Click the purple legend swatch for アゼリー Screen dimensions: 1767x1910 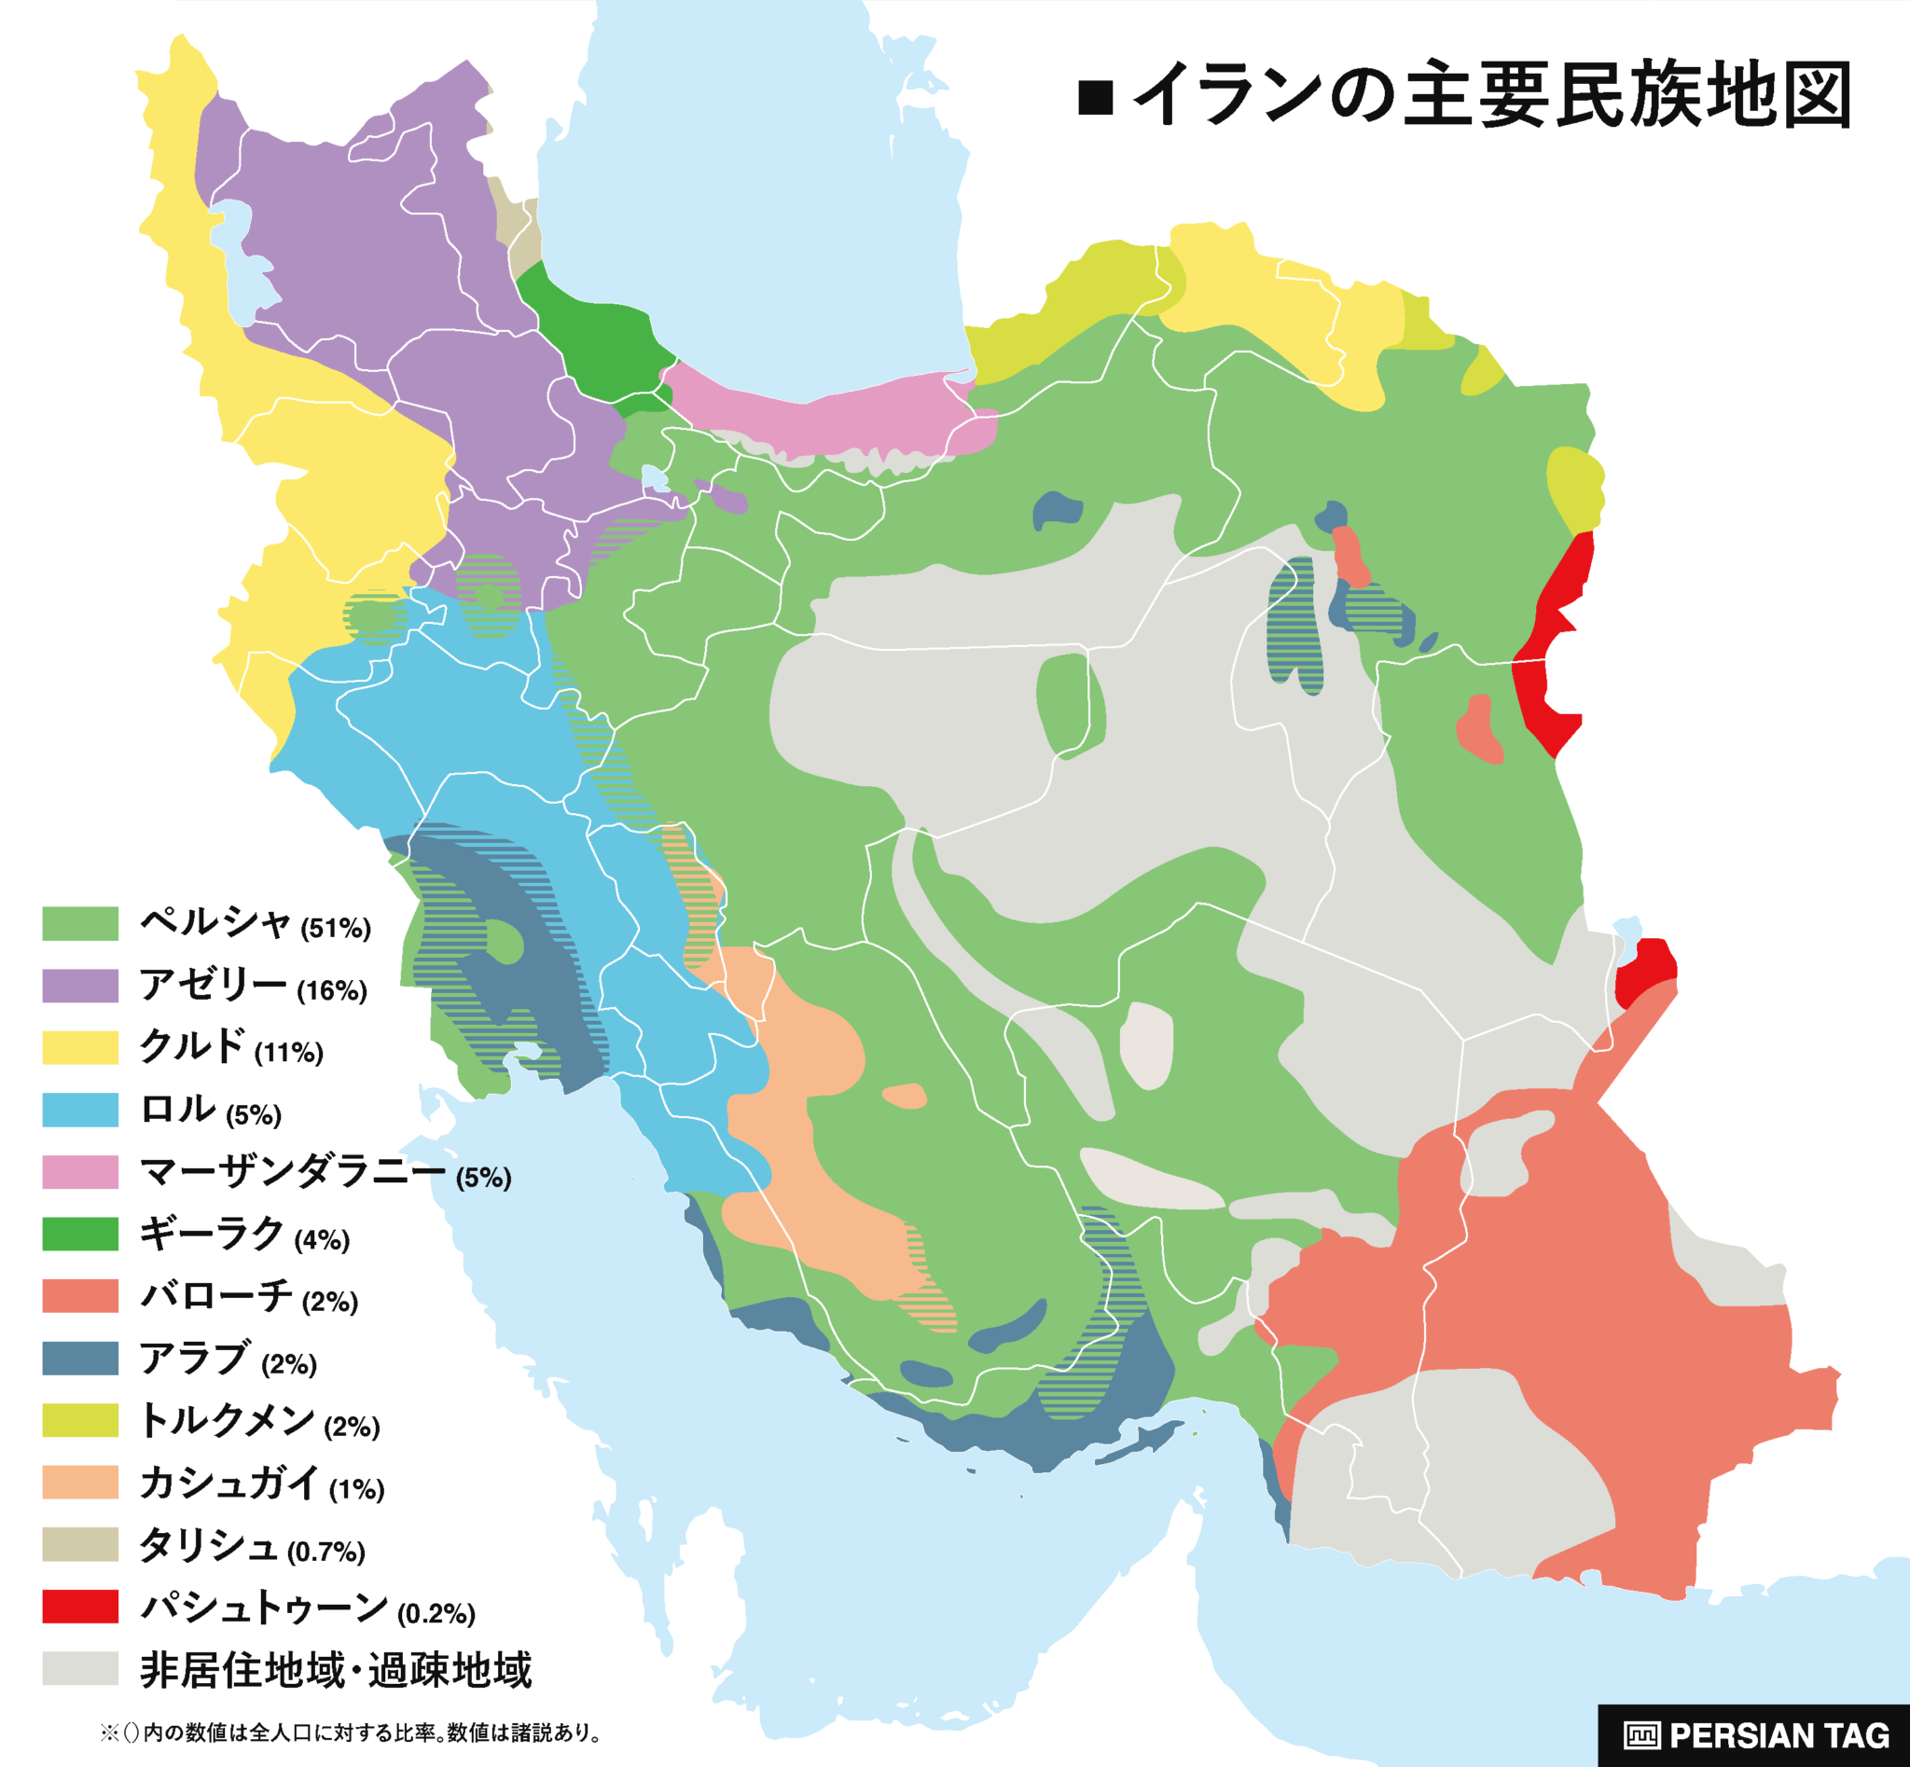[x=80, y=986]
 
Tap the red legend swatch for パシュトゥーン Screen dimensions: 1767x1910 [x=80, y=1607]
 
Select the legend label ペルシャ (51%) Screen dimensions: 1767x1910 [x=255, y=924]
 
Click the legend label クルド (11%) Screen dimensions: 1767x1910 [x=231, y=1048]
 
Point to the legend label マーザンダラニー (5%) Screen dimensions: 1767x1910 [x=325, y=1172]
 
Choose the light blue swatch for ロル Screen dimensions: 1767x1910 [x=80, y=1111]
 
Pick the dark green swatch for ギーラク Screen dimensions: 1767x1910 [x=80, y=1234]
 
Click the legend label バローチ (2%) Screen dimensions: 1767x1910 [x=249, y=1296]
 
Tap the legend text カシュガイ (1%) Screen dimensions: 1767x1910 [x=261, y=1483]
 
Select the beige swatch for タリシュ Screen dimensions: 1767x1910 [x=80, y=1544]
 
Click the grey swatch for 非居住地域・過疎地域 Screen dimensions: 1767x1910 [x=80, y=1668]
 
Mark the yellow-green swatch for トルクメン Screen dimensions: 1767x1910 [x=80, y=1420]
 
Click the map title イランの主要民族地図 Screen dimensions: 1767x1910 [x=1492, y=96]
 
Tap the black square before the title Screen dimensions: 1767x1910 [x=1095, y=98]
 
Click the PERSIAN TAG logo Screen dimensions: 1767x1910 [x=1756, y=1734]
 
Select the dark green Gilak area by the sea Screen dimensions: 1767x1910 [x=593, y=335]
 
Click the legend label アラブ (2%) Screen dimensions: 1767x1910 [x=228, y=1359]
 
